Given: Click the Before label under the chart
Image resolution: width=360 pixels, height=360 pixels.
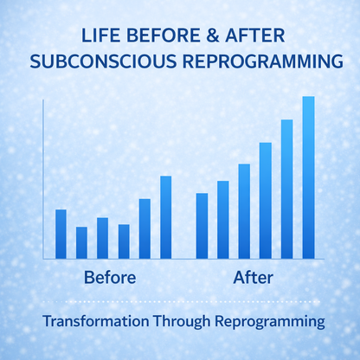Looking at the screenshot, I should [x=110, y=279].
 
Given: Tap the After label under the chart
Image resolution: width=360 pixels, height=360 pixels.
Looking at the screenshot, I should [x=254, y=279].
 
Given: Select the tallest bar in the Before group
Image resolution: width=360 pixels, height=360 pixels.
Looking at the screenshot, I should [x=166, y=216].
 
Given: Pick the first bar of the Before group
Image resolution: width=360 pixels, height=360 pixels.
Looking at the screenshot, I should [x=61, y=234].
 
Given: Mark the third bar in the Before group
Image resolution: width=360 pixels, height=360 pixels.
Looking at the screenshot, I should [x=103, y=238].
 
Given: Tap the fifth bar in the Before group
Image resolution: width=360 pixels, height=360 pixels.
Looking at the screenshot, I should [x=145, y=228].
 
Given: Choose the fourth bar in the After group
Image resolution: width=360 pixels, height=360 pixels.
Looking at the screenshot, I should [x=266, y=200].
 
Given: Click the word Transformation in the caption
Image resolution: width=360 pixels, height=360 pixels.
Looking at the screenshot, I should [x=96, y=322].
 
